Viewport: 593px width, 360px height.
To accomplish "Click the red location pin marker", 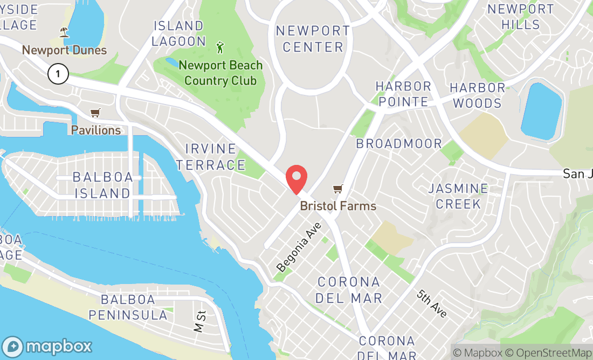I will tap(296, 179).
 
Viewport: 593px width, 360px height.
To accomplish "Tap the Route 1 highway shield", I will tap(58, 73).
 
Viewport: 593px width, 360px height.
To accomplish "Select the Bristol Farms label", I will tap(338, 206).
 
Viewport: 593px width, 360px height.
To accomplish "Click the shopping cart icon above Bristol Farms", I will tap(338, 189).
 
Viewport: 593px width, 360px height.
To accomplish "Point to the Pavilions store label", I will tap(96, 130).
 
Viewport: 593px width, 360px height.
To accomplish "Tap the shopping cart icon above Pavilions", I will tap(95, 113).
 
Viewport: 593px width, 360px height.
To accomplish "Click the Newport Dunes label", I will tap(64, 50).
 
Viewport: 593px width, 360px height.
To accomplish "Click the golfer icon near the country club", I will tap(220, 47).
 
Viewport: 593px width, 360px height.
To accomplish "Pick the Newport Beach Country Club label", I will tap(220, 73).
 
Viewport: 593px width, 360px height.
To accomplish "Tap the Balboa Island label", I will tap(101, 185).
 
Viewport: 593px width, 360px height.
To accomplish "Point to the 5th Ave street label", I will tap(432, 303).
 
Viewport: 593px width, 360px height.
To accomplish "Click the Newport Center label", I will tap(313, 38).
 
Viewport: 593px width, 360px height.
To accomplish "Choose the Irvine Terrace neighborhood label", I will tap(211, 157).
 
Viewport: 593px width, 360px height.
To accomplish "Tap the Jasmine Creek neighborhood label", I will tap(458, 196).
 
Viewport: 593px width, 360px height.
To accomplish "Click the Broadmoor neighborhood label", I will tap(399, 144).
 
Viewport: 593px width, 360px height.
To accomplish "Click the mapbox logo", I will tap(47, 346).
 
